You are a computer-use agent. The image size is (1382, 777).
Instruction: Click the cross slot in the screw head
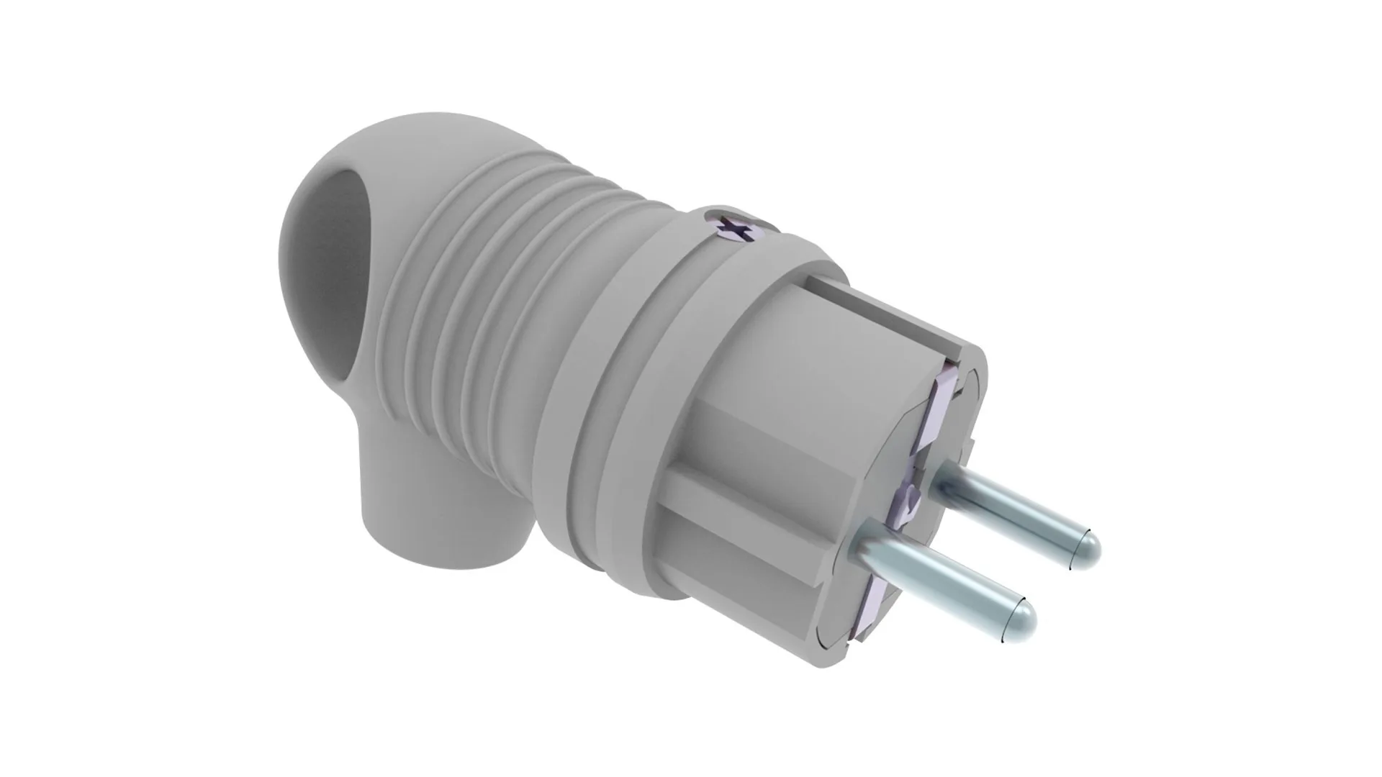pos(736,229)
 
